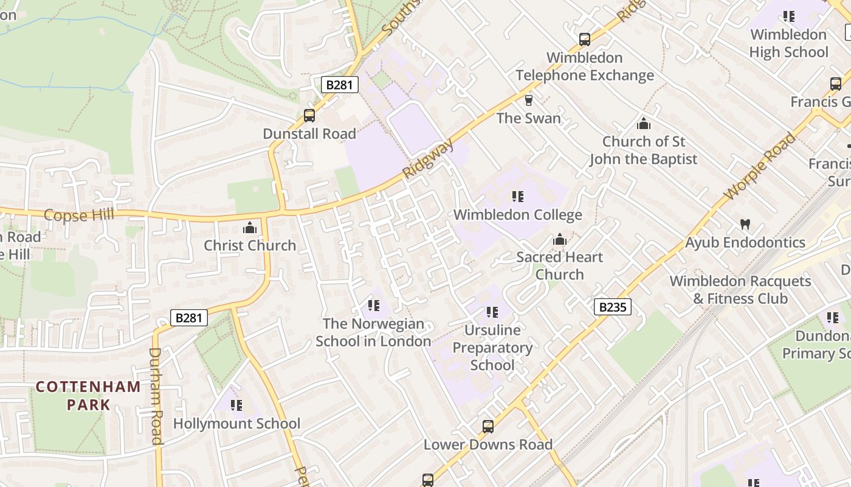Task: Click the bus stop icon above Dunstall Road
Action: point(309,115)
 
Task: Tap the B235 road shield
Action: point(612,307)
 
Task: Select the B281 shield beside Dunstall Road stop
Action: point(339,85)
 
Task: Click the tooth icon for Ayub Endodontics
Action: point(745,225)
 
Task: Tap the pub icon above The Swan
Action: point(529,100)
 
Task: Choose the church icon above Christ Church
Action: point(250,228)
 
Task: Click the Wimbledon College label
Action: point(517,215)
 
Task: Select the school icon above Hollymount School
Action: point(236,405)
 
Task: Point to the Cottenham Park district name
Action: point(88,395)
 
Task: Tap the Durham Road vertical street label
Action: point(156,396)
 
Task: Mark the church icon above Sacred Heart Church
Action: point(559,240)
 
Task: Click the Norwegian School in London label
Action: point(373,332)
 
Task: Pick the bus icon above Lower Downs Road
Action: point(488,427)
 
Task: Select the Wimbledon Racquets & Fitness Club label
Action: point(740,290)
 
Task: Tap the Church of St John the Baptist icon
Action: point(644,124)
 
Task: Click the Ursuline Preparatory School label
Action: point(492,348)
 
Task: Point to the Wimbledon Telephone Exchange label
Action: point(585,66)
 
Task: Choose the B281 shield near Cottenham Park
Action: point(188,317)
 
